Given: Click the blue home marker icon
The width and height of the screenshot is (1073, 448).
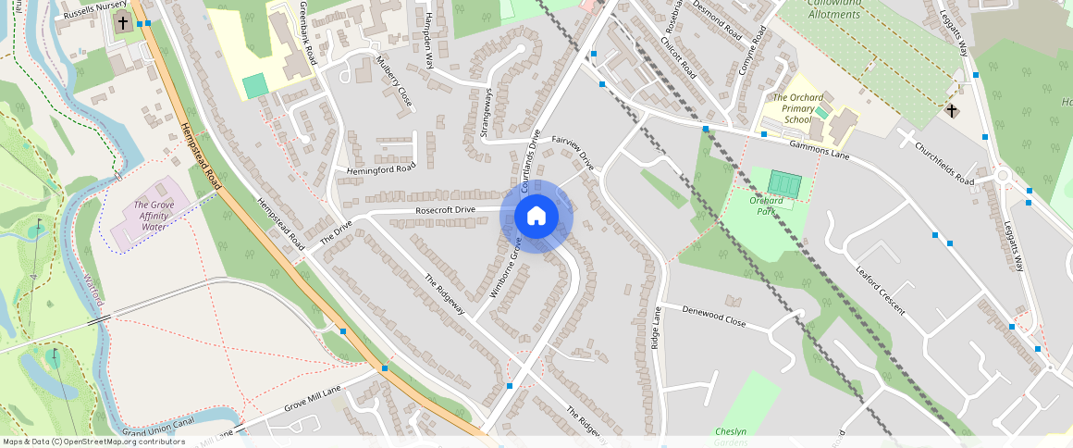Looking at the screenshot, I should (x=536, y=217).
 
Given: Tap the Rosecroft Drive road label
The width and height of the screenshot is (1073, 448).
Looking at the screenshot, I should (x=445, y=211).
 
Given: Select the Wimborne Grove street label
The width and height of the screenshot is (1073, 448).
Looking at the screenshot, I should (x=506, y=269).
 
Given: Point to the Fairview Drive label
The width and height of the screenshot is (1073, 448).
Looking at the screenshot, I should (x=573, y=152).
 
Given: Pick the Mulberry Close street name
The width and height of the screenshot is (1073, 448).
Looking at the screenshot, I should (x=394, y=81).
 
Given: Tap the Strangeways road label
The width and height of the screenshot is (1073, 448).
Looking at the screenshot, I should (x=486, y=113).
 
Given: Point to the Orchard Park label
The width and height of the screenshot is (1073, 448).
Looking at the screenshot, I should (x=767, y=205).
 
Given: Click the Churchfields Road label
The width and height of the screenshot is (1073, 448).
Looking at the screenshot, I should (x=944, y=162).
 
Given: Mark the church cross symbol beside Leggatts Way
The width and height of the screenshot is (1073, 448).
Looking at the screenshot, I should (x=952, y=111).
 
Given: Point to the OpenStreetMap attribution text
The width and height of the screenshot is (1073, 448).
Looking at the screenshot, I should (x=93, y=442).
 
